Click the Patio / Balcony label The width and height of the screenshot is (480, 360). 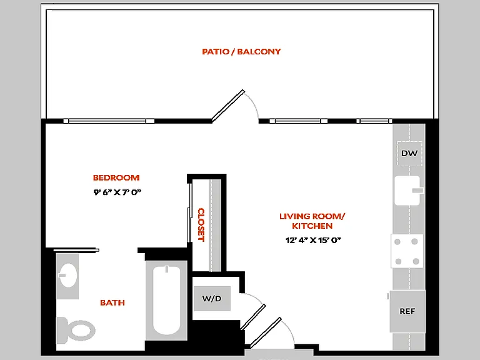coord(241,51)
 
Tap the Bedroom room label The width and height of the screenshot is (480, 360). coord(116,177)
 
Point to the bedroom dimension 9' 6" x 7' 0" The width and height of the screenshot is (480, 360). coord(117,192)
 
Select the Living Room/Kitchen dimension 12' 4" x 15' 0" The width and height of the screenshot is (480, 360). coord(313,240)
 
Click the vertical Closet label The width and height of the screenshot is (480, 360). coord(201,225)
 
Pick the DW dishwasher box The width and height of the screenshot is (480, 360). coord(409,153)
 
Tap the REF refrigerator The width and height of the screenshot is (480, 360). coord(407,311)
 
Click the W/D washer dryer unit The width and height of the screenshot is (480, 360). coord(212,299)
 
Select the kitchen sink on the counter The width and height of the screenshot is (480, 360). coord(407,190)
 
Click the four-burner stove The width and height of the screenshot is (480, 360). coord(407,251)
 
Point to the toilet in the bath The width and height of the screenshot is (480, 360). coord(76,331)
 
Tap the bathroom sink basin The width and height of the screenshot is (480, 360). coord(67,275)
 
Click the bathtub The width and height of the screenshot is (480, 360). coord(166,300)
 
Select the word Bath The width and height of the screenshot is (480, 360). coord(112,302)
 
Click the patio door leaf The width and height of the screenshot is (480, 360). coord(228,106)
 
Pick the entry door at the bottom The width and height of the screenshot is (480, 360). coord(266,332)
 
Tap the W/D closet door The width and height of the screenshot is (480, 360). coord(253,317)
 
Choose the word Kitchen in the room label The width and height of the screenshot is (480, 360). coord(312,226)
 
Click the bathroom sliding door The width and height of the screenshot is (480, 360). coord(76,250)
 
